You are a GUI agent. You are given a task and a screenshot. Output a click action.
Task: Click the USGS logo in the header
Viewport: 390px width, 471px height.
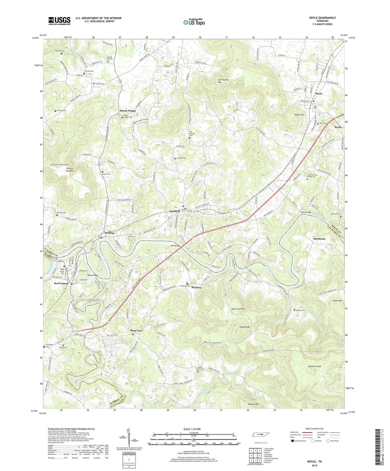tap(59, 21)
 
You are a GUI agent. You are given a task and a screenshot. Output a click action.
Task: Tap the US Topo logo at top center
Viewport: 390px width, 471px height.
tap(194, 22)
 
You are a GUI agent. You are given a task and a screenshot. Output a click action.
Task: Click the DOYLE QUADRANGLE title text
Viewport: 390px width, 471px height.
tap(323, 18)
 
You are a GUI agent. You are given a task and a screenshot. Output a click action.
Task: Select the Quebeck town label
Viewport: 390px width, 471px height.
tap(175, 211)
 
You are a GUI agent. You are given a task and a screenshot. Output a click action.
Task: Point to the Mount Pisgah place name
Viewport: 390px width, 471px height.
tap(127, 111)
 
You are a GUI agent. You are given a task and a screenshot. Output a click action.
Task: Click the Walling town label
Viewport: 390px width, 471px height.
tap(110, 233)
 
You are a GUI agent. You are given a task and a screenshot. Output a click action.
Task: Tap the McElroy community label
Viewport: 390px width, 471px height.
tap(197, 288)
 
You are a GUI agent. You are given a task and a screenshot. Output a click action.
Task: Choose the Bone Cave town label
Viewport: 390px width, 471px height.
tap(136, 330)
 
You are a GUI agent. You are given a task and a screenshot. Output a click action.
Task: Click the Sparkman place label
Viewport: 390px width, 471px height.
tap(319, 239)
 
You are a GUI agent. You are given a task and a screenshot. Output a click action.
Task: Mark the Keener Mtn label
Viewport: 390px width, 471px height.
tap(253, 404)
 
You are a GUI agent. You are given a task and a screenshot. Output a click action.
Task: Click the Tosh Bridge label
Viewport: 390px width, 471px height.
tap(175, 246)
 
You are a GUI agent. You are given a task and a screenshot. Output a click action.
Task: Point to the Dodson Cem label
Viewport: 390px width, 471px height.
tap(300, 310)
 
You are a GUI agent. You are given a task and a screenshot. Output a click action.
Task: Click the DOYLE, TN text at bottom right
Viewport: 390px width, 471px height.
tap(314, 462)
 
